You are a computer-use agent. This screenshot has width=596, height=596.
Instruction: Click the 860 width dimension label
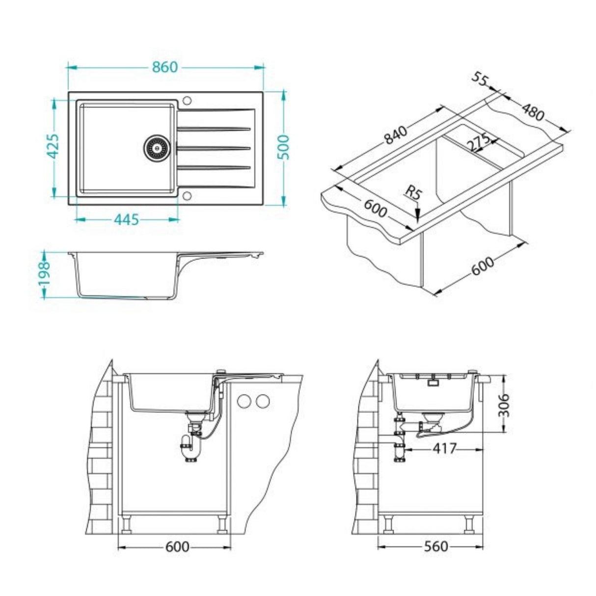[164, 67]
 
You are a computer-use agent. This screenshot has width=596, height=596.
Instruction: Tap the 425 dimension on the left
[53, 146]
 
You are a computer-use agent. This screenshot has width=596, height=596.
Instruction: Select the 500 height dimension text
[284, 147]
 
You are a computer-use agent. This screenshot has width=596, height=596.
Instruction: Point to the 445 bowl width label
[126, 219]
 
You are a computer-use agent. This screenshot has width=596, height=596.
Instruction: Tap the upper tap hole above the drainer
[187, 101]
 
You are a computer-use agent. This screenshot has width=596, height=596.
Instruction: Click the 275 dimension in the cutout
[478, 142]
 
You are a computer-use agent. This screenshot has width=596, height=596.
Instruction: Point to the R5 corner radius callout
[414, 193]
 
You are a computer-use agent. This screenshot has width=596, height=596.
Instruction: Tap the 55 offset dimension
[481, 80]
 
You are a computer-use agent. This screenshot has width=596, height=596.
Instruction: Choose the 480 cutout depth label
[532, 112]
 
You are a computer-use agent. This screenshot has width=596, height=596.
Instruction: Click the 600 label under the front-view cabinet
[177, 546]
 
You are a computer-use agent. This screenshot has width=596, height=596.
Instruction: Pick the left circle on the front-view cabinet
[244, 401]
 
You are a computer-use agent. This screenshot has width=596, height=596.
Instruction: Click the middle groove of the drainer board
[214, 147]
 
